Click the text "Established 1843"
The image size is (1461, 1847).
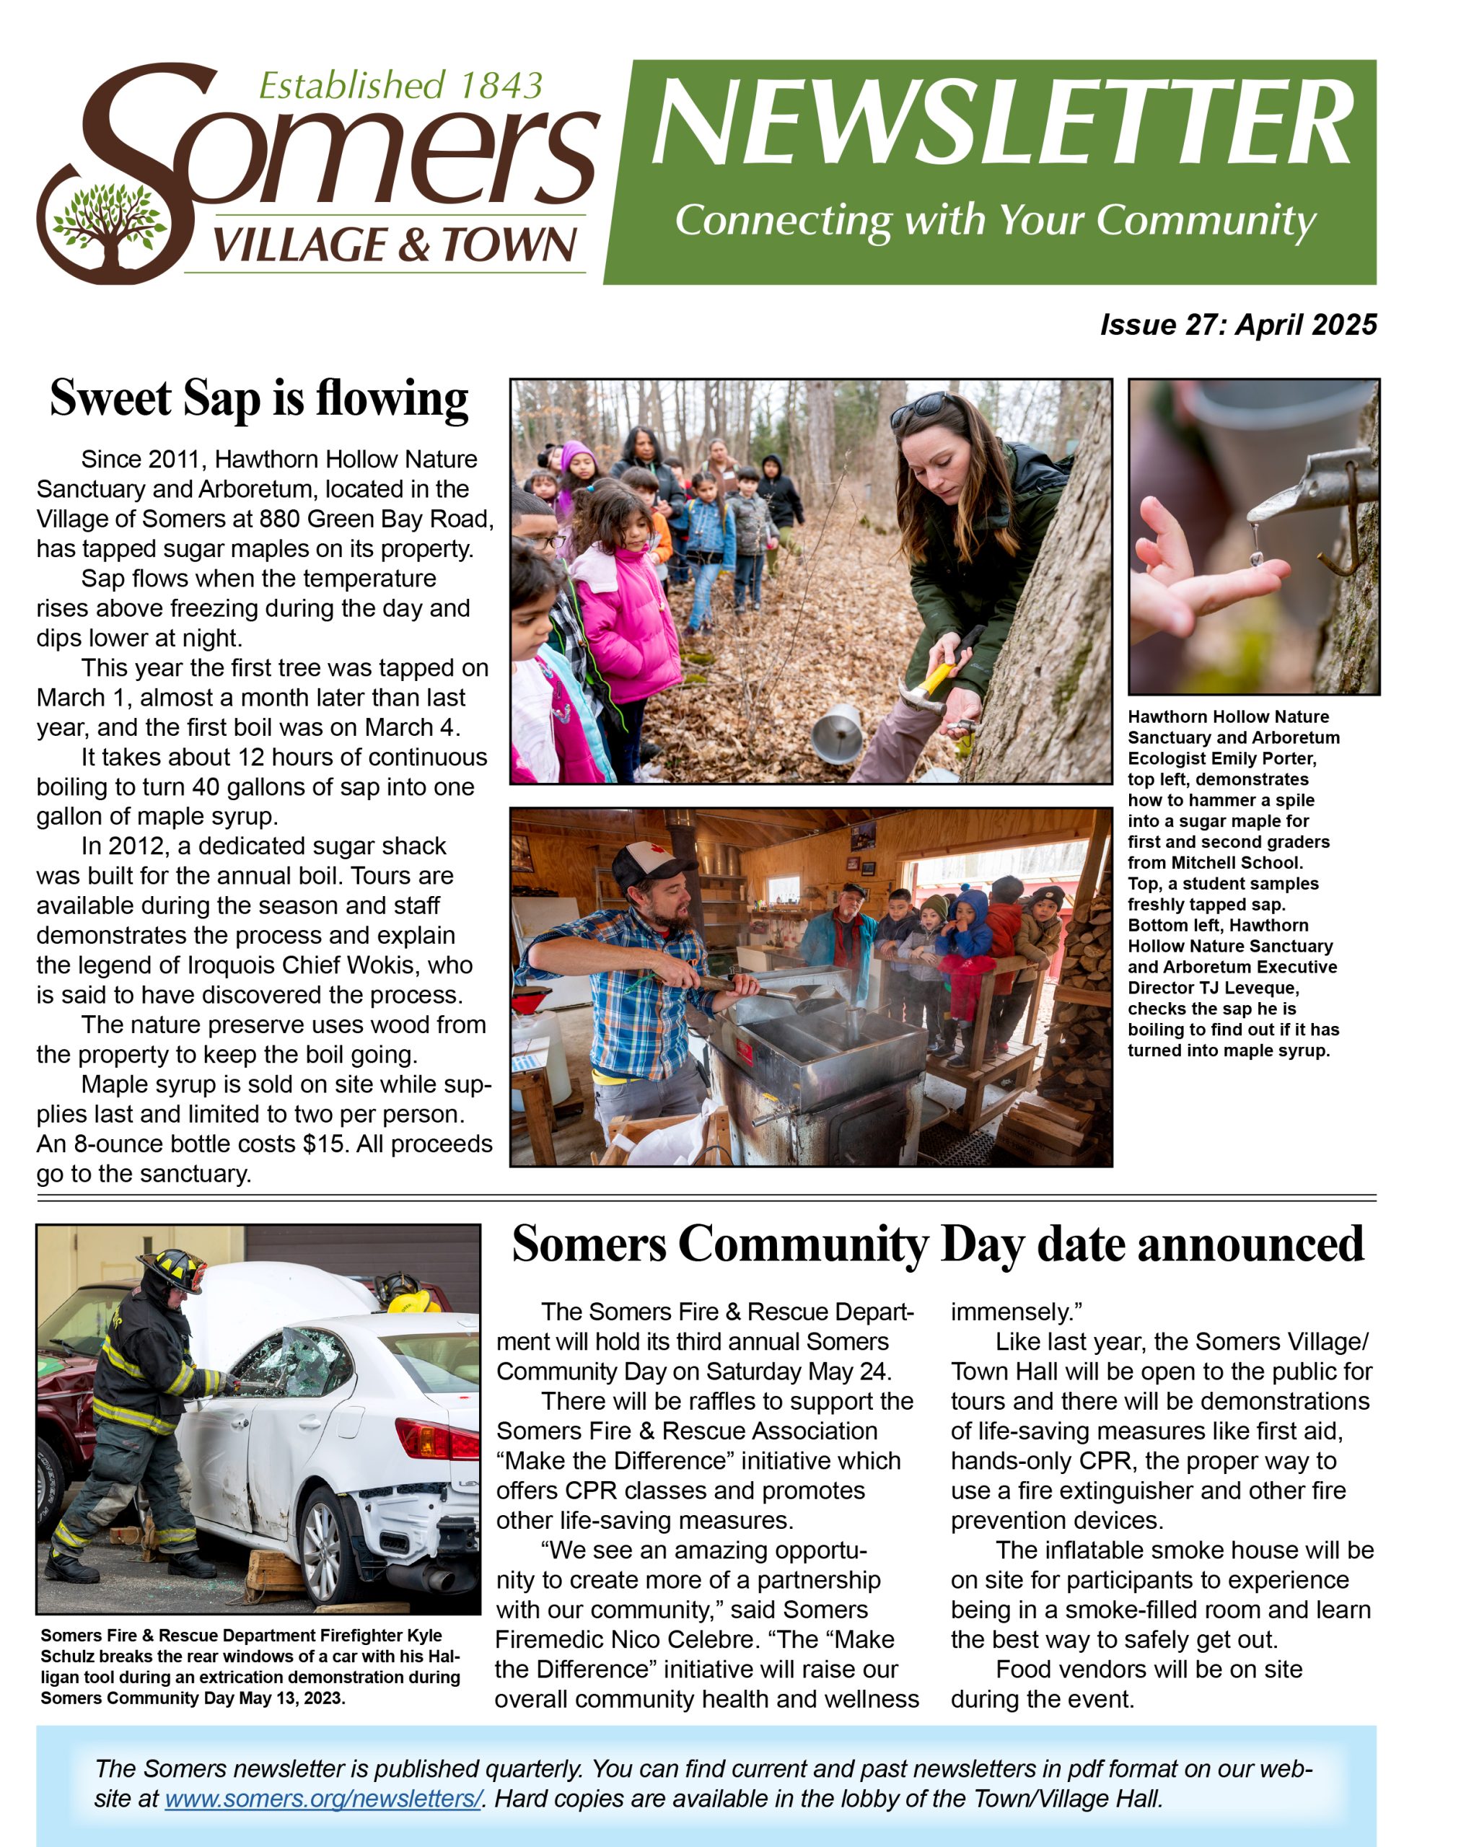pyautogui.click(x=400, y=86)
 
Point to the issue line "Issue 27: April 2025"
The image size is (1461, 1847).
pyautogui.click(x=1238, y=325)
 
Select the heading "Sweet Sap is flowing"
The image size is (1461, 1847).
pyautogui.click(x=258, y=399)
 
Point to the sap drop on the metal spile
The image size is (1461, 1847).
pyautogui.click(x=1255, y=558)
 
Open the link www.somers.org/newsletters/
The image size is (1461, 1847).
pyautogui.click(x=323, y=1798)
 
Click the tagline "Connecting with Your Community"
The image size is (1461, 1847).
pyautogui.click(x=995, y=220)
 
